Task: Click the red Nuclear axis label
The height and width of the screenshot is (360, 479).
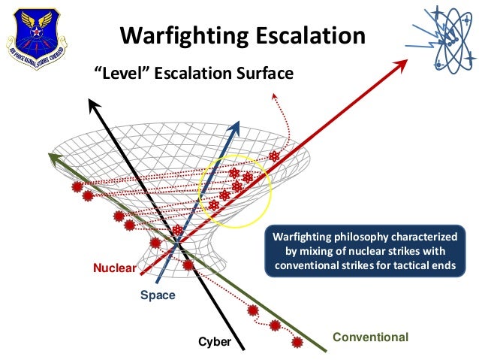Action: [114, 268]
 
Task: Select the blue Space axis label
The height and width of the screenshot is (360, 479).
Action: [158, 295]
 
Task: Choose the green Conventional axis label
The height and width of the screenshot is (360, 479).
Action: [370, 337]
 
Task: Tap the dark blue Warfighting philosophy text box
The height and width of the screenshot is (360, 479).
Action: [363, 251]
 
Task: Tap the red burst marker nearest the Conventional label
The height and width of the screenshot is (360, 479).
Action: [297, 342]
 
